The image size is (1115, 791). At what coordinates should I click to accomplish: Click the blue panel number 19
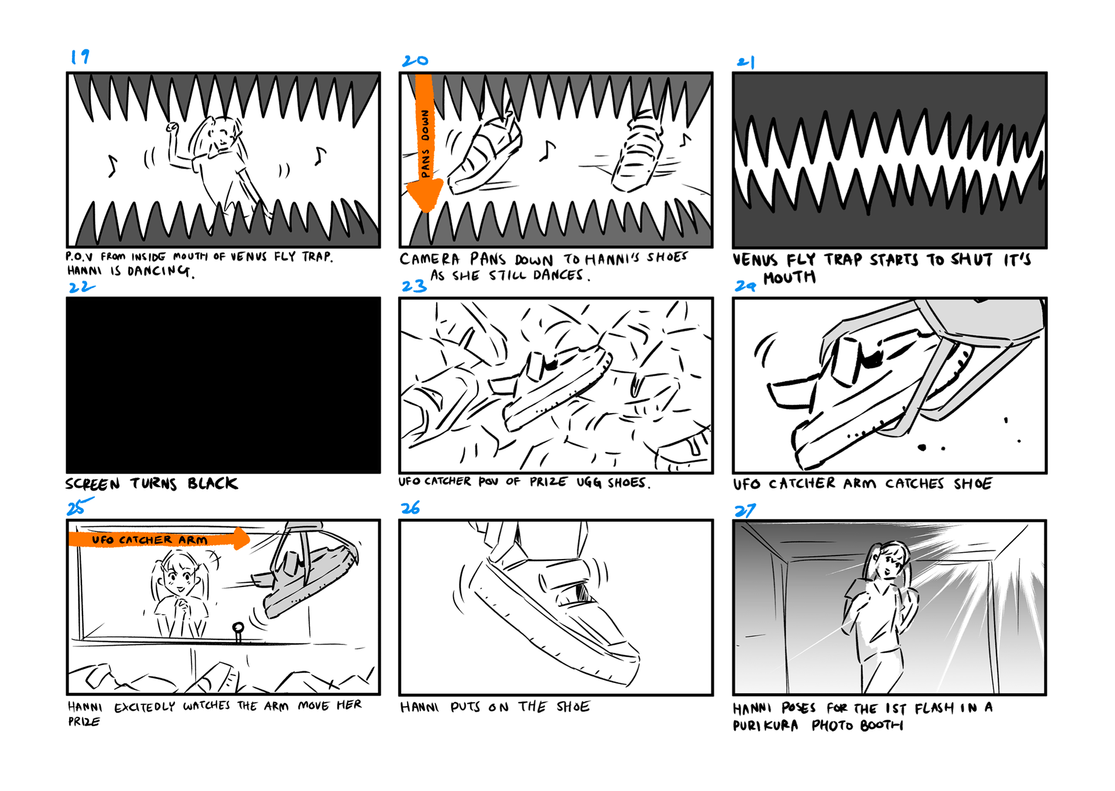coord(80,56)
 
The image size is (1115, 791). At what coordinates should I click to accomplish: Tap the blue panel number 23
coord(414,285)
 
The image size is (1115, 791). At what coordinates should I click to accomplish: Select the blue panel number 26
coord(410,508)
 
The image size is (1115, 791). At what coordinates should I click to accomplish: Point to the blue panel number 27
coord(745,510)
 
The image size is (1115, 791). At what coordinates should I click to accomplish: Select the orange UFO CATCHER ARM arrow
coord(159,539)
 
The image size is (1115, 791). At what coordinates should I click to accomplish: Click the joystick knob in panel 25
coord(238,628)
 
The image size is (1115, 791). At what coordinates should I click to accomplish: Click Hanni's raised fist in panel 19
coord(172,128)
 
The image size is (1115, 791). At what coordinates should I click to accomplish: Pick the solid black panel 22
coord(224,385)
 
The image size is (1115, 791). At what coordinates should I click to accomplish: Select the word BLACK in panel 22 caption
coord(213,484)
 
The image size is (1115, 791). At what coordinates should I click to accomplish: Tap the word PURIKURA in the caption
coord(765,725)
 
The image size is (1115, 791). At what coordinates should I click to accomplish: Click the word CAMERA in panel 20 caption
coord(430,259)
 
